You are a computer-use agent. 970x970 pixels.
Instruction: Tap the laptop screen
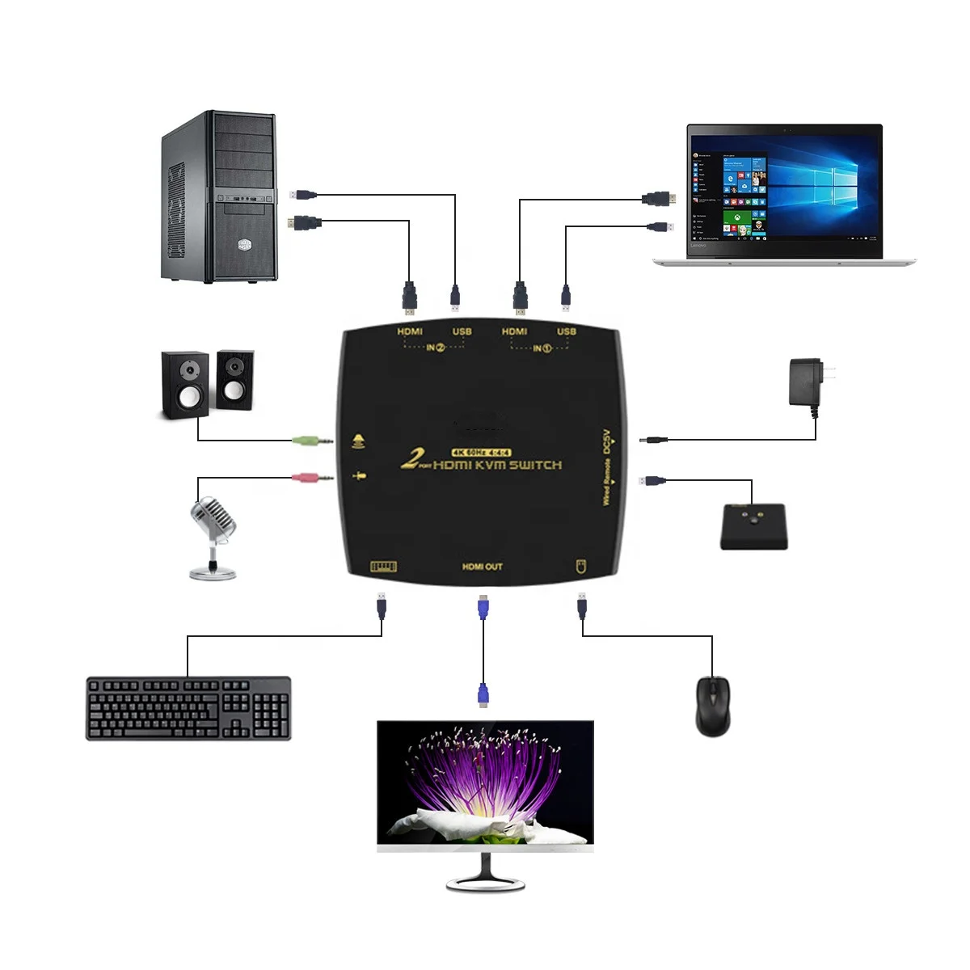tap(784, 191)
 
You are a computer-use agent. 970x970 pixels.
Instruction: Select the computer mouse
tap(712, 706)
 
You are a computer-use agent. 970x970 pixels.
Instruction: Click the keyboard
tap(188, 708)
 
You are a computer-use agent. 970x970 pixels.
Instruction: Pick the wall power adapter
tap(808, 383)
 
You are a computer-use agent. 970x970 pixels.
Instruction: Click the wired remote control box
tap(753, 526)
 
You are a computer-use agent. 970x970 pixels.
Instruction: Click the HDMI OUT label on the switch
tap(483, 567)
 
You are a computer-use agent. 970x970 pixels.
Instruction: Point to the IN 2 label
tap(436, 348)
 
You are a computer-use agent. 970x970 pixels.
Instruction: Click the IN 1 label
tap(542, 348)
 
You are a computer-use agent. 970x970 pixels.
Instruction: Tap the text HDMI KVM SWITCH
tap(497, 465)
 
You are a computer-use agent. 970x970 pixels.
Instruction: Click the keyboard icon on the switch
tap(383, 566)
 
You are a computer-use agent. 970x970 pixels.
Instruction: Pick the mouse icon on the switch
tap(580, 564)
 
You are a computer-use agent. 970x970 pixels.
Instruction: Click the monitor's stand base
tap(485, 883)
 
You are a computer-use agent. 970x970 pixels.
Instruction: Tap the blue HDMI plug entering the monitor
tap(483, 695)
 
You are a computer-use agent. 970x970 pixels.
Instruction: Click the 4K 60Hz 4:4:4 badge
tap(481, 452)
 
